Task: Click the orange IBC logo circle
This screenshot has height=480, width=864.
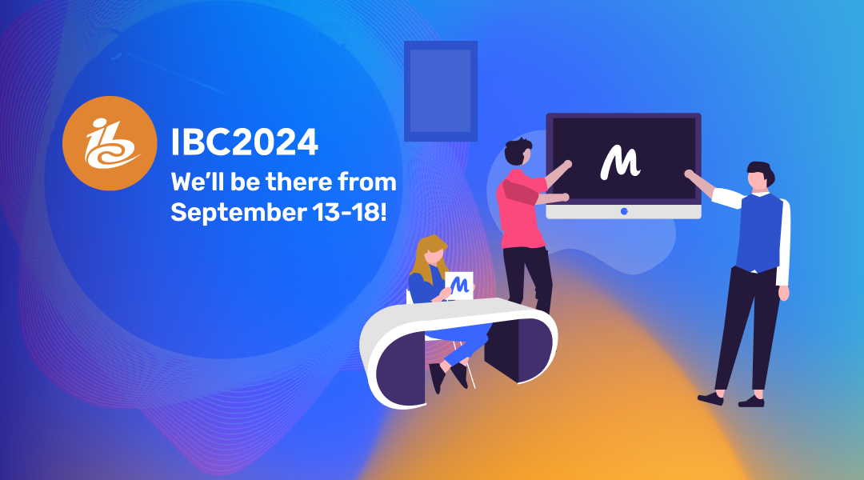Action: (110, 143)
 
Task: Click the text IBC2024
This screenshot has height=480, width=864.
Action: (245, 142)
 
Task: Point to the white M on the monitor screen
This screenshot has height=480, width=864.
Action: (620, 162)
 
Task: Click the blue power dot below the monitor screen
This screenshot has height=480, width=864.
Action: (624, 211)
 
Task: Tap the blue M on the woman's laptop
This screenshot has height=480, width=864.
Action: (459, 285)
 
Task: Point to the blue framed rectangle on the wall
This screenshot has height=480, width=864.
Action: (440, 91)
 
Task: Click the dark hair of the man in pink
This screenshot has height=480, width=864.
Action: (517, 150)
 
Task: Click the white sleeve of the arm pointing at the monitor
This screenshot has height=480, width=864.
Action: (727, 198)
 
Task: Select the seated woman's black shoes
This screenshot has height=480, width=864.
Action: (448, 377)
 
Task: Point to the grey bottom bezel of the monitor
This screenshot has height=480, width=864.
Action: (623, 212)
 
